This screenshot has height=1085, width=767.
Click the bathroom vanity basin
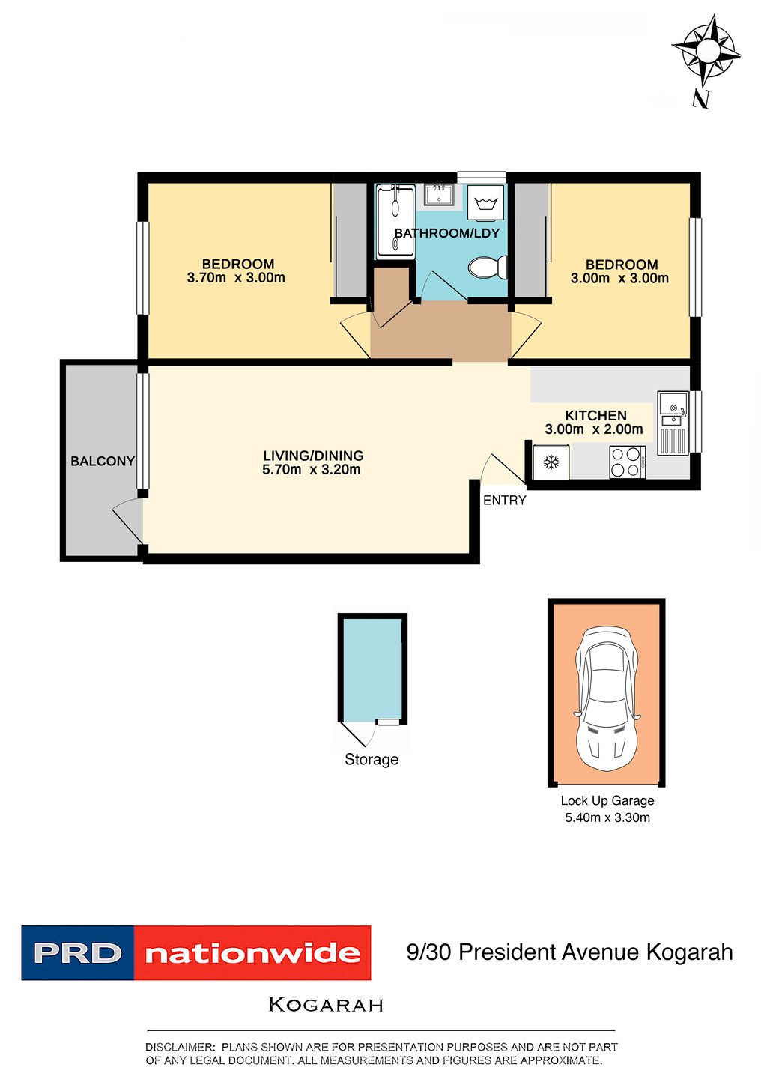(437, 196)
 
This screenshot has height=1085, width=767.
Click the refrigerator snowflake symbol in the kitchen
(551, 462)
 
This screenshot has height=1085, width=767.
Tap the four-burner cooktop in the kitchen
(627, 462)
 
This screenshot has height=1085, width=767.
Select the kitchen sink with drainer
(672, 423)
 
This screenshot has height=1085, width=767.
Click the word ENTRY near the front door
(504, 501)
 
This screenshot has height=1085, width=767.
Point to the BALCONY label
(102, 461)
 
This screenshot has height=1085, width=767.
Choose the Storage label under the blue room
(371, 759)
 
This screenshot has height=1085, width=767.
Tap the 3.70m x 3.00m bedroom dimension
(236, 278)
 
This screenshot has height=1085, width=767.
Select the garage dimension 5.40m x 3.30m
(607, 817)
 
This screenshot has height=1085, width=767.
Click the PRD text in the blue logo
(78, 953)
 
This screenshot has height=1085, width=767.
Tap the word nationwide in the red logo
(252, 953)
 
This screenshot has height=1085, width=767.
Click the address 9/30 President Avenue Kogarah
(569, 952)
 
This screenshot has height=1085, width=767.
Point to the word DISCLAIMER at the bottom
(180, 1047)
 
